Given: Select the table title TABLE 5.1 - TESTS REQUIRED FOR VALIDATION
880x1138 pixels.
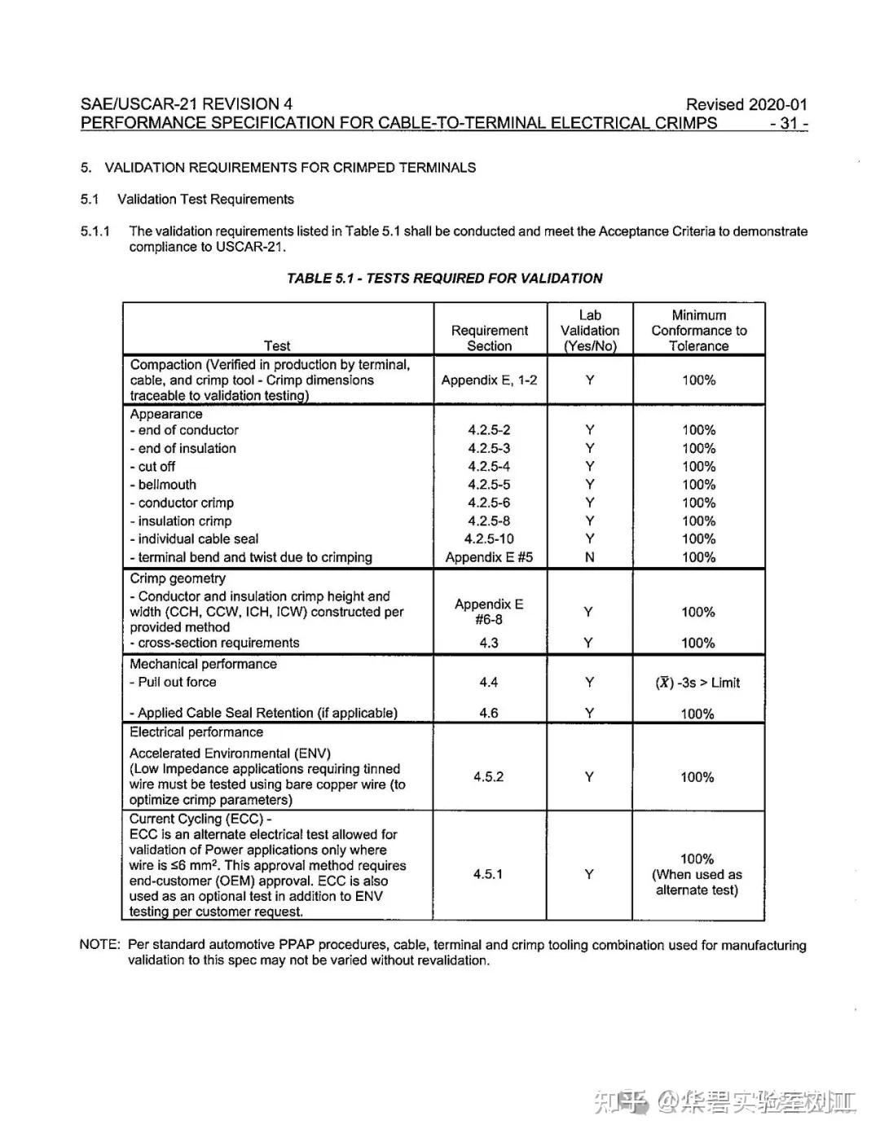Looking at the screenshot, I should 444,279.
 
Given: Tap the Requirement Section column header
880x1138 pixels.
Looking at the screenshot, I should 489,338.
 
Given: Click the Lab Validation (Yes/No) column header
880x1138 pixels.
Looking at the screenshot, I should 589,331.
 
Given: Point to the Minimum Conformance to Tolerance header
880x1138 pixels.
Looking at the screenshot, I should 698,331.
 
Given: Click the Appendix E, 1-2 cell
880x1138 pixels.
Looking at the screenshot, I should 489,380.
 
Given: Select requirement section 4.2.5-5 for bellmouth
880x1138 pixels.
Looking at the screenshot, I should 489,485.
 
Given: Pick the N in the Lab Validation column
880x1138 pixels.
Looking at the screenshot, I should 589,558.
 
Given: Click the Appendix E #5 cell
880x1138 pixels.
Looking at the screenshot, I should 489,558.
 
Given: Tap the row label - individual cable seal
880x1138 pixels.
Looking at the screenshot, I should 195,539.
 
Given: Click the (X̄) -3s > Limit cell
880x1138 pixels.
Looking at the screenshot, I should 697,683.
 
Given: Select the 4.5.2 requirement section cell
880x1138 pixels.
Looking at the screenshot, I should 488,777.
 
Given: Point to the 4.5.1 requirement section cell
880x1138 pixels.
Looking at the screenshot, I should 488,874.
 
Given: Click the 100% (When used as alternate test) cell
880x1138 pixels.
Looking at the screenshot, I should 697,874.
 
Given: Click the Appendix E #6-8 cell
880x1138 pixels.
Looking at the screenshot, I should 489,612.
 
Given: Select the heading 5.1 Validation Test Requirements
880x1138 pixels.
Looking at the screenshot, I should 187,200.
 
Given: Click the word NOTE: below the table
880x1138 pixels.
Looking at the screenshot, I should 99,945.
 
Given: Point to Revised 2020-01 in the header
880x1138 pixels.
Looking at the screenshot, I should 746,104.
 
